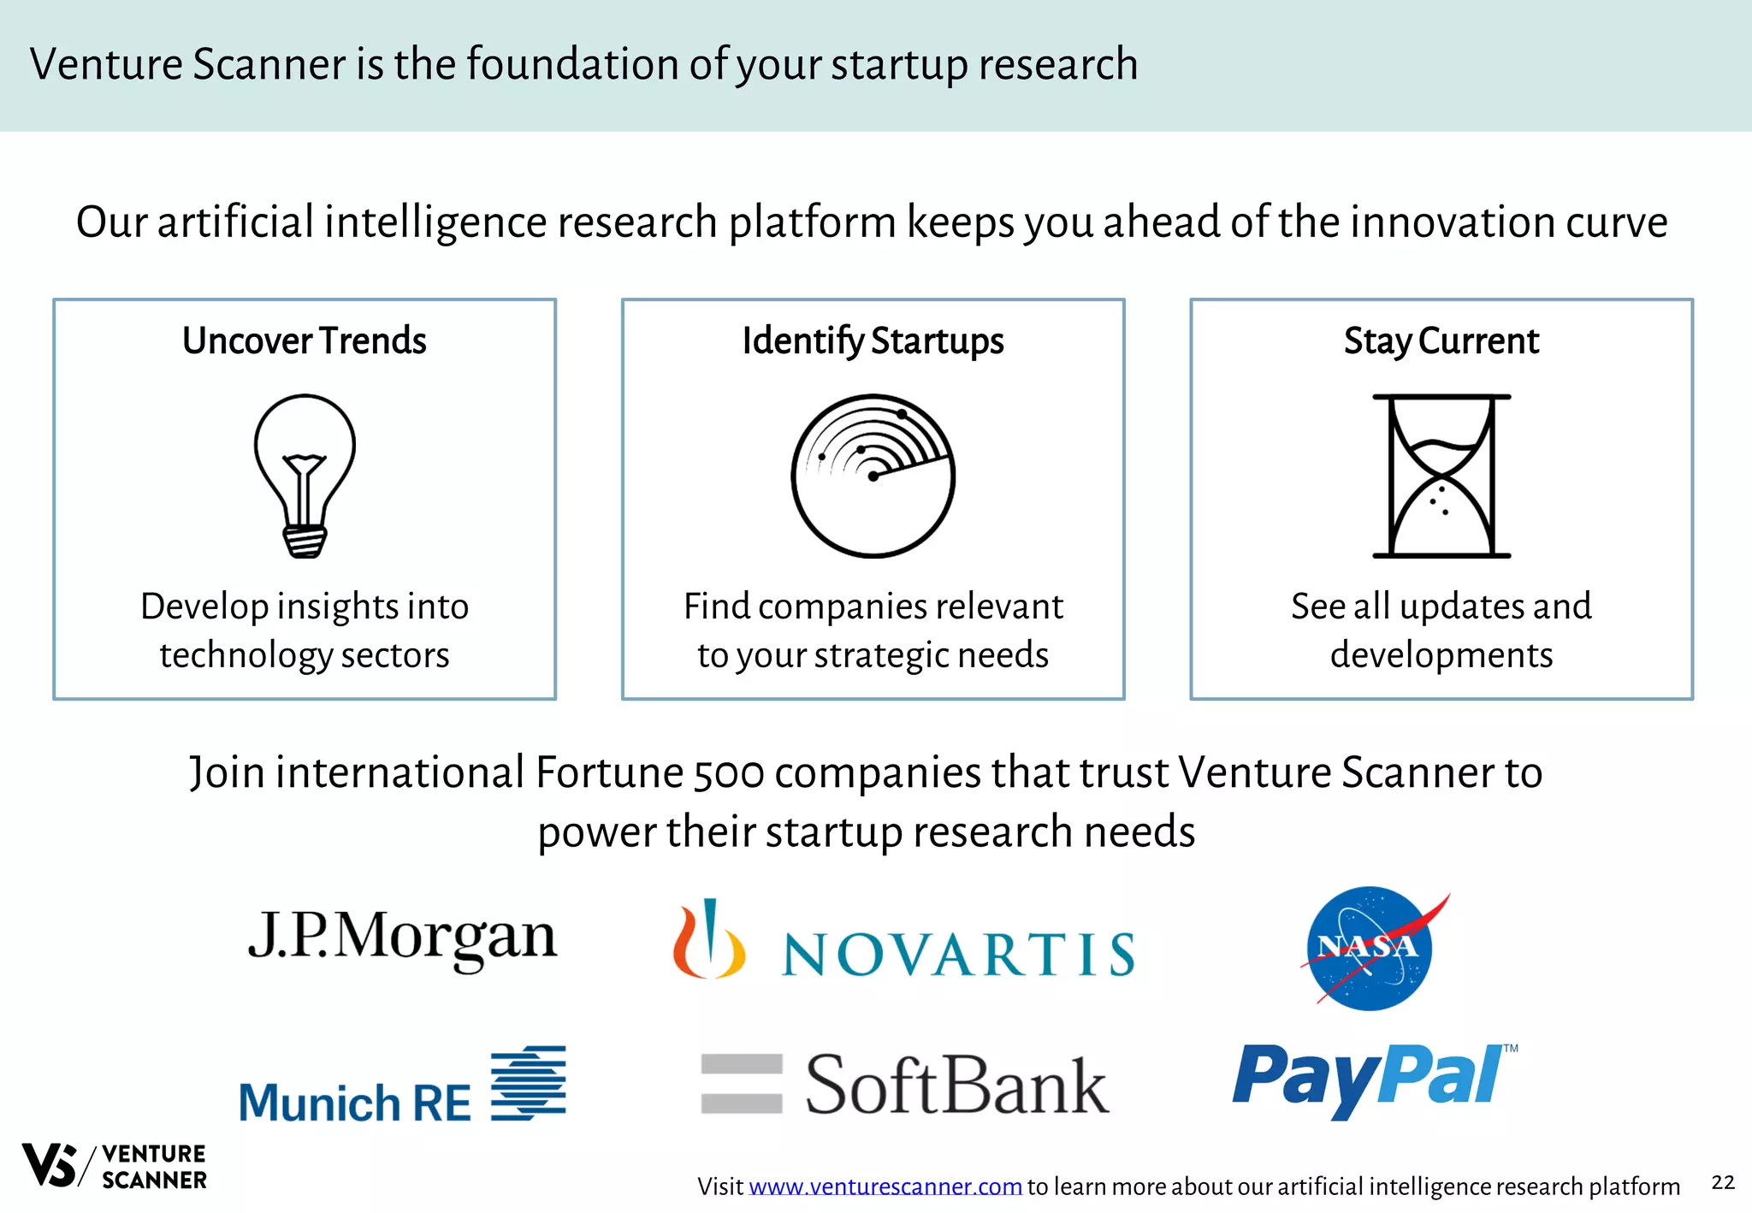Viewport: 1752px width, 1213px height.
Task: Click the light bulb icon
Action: [x=305, y=476]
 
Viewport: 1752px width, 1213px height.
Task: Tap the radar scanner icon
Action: [x=873, y=476]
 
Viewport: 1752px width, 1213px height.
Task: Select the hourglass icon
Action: [x=1441, y=476]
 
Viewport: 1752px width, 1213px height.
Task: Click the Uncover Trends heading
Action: [x=305, y=340]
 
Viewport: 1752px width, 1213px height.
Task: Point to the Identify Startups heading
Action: [x=873, y=340]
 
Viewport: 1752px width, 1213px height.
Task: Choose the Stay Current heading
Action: [x=1441, y=340]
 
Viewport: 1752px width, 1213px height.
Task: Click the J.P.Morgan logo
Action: [x=402, y=938]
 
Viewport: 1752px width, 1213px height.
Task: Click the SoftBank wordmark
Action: [x=956, y=1085]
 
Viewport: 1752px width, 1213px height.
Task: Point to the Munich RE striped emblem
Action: [x=529, y=1083]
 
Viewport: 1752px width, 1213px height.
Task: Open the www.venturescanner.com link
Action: [x=885, y=1186]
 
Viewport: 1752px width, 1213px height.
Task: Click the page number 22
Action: [x=1723, y=1182]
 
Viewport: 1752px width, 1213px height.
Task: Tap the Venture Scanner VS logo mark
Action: [x=50, y=1165]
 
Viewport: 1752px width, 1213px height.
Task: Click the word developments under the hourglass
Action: [x=1441, y=655]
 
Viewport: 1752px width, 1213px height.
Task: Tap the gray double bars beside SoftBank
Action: [x=741, y=1083]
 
